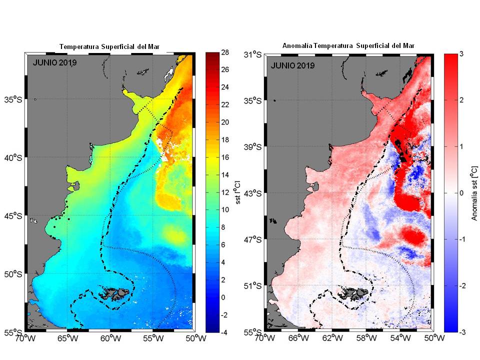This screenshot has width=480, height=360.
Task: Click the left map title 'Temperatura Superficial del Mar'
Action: click(x=112, y=46)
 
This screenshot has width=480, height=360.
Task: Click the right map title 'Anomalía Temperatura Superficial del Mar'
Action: click(x=348, y=46)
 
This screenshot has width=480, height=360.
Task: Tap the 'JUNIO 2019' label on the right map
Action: click(x=292, y=65)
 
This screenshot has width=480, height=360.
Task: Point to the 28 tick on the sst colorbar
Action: click(x=225, y=51)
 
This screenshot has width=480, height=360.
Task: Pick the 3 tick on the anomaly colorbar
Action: click(x=460, y=54)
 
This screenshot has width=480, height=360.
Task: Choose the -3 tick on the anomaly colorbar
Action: click(x=461, y=331)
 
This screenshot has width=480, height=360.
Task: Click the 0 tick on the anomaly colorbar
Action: click(x=460, y=193)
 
